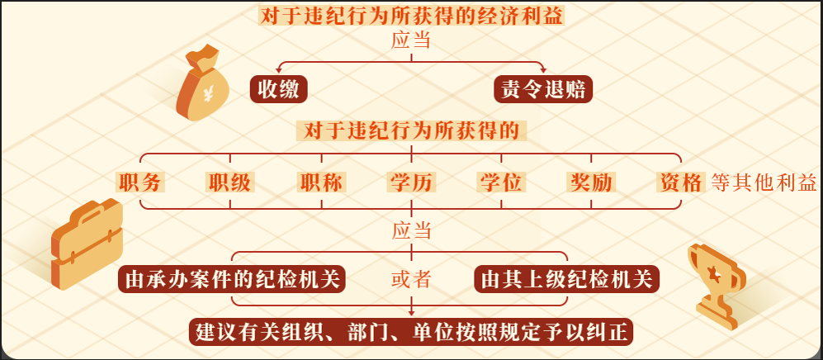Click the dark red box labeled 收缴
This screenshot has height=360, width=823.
click(278, 89)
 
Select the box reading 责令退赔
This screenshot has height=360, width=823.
click(543, 89)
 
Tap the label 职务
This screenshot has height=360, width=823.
click(140, 182)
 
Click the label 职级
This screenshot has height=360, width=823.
click(229, 182)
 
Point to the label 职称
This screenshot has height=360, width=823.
click(320, 182)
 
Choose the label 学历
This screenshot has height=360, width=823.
click(411, 182)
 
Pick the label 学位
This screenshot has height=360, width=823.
click(501, 182)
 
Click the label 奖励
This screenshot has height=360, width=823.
click(591, 182)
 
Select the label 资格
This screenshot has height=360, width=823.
click(681, 182)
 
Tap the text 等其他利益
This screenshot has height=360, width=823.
click(764, 182)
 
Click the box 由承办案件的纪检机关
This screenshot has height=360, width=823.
click(231, 279)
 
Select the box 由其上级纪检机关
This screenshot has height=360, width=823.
click(567, 279)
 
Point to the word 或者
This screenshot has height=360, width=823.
click(411, 279)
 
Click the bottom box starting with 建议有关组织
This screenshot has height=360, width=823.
click(411, 332)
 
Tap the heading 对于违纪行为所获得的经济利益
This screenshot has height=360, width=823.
click(411, 16)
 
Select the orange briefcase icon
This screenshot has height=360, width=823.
click(88, 244)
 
